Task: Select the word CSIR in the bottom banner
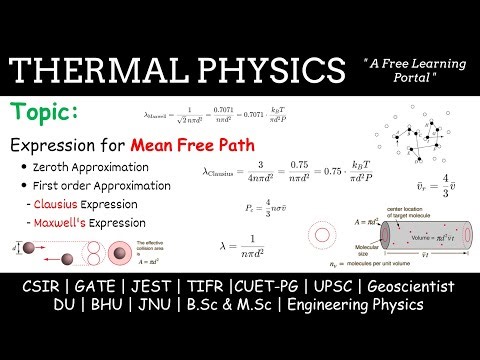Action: [42, 288]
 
